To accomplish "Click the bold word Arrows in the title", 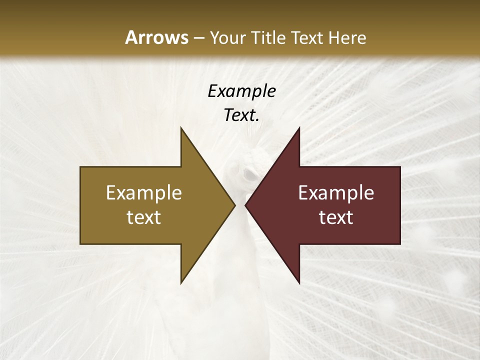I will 156,37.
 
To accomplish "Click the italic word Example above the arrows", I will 241,91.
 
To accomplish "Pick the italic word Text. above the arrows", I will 241,115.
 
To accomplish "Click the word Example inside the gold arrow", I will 144,193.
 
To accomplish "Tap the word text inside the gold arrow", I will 144,217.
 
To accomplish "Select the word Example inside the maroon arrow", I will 336,193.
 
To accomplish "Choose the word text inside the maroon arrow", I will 336,217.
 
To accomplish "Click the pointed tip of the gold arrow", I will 234,205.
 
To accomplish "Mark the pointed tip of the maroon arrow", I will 245,205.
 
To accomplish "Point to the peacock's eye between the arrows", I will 248,174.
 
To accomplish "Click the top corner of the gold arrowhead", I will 181,127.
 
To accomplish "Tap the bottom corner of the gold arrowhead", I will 181,283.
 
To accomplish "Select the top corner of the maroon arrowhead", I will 299,127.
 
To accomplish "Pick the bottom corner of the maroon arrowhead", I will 299,283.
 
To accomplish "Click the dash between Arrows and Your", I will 198,38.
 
